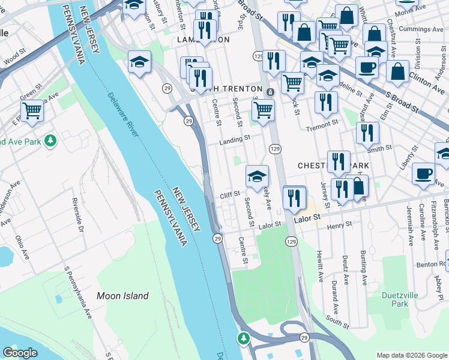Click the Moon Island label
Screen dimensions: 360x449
click(x=122, y=296)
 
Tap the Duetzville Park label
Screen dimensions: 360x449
click(x=395, y=299)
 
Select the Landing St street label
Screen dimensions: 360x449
click(x=234, y=139)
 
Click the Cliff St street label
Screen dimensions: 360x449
click(x=229, y=194)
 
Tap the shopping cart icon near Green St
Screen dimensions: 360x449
click(x=32, y=110)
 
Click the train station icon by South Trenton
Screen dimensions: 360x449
click(x=271, y=92)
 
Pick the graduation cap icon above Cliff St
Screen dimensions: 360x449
click(x=257, y=176)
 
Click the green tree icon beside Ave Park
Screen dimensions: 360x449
click(x=52, y=140)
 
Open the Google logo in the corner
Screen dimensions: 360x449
click(x=20, y=353)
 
